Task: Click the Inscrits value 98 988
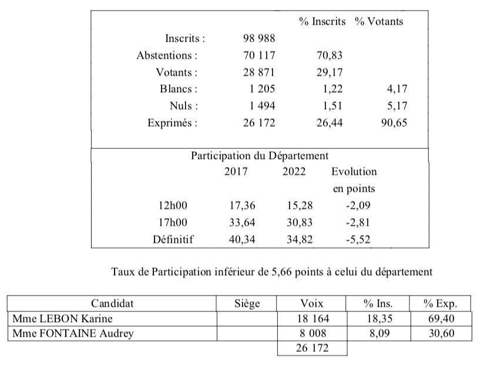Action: (259, 39)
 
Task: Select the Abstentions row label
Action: (167, 56)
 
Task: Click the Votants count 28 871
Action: (259, 73)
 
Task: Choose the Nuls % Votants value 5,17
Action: (395, 106)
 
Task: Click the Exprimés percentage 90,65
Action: (392, 123)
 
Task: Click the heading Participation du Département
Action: (260, 156)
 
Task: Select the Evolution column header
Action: (354, 172)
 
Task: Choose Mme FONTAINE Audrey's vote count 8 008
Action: (311, 334)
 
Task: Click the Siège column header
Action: (246, 304)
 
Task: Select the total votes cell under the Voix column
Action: (311, 348)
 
